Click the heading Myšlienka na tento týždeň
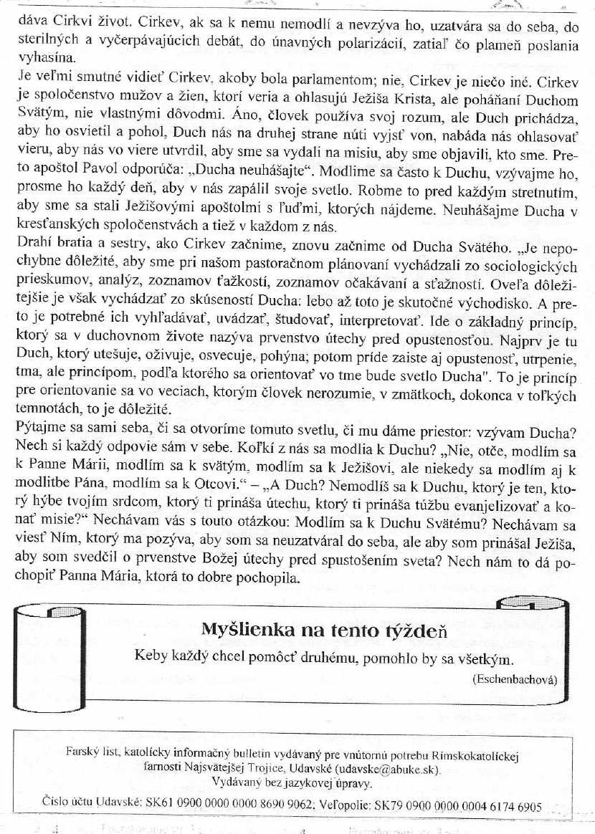point(324,631)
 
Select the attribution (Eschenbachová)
point(515,679)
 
